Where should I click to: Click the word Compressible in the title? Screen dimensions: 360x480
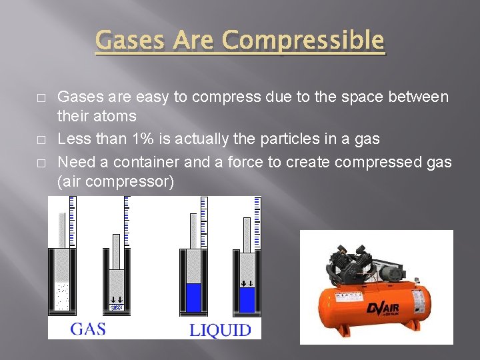303,41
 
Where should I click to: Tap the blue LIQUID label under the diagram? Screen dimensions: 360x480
220,329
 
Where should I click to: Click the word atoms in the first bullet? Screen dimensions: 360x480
115,117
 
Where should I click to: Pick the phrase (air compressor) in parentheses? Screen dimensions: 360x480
116,181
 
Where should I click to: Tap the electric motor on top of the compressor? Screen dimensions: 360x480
389,272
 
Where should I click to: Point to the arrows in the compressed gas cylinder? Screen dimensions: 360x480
116,299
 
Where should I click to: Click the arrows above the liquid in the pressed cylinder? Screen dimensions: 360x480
247,283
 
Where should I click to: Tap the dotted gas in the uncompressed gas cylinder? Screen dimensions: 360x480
62,297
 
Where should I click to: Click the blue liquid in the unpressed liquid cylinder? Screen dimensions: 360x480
193,297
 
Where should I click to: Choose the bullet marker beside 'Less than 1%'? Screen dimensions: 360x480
41,139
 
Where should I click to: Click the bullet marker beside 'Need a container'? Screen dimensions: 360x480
41,162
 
